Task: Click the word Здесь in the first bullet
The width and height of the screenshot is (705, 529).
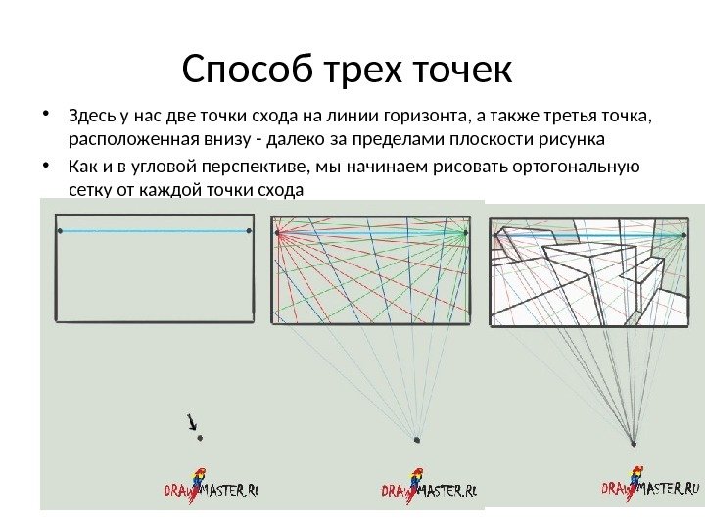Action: pos(92,118)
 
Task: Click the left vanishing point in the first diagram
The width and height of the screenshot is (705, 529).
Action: pos(61,231)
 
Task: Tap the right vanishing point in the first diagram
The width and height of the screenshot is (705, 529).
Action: pos(250,231)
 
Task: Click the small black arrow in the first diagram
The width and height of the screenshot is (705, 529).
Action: pos(192,422)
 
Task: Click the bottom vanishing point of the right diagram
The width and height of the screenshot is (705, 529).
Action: pos(634,442)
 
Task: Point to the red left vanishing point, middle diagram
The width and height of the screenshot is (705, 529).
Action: pos(279,233)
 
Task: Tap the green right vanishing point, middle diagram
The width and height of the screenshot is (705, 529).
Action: pos(464,233)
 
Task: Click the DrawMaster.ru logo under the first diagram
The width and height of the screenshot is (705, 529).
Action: pos(215,487)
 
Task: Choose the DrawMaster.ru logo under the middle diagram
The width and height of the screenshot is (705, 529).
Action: pos(429,488)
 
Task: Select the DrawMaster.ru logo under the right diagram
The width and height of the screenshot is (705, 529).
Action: pos(651,487)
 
